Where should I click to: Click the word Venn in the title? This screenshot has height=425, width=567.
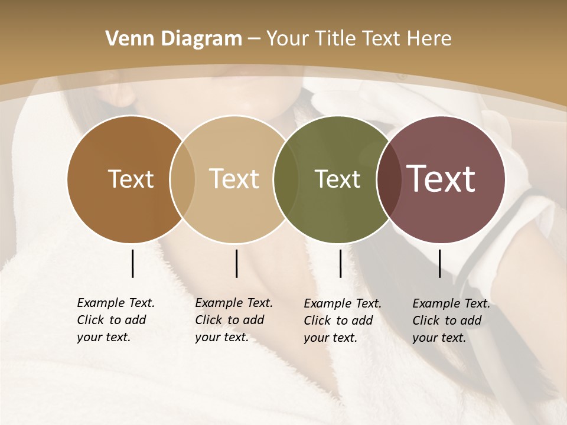pyautogui.click(x=127, y=39)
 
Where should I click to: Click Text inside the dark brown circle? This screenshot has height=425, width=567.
pyautogui.click(x=131, y=179)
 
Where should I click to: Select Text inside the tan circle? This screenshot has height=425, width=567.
pyautogui.click(x=234, y=179)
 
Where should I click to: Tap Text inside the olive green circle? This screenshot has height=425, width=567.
pyautogui.click(x=337, y=179)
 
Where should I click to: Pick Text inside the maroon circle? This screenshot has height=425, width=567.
pyautogui.click(x=441, y=179)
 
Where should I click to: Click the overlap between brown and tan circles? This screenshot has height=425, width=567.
pyautogui.click(x=183, y=179)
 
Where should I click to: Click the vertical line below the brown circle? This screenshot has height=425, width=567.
pyautogui.click(x=132, y=263)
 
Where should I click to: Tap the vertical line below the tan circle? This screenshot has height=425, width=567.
pyautogui.click(x=236, y=263)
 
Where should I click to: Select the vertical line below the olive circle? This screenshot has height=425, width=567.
pyautogui.click(x=340, y=263)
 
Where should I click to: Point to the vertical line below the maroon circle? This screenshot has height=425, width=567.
pyautogui.click(x=439, y=263)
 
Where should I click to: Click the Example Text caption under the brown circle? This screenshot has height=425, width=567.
pyautogui.click(x=116, y=320)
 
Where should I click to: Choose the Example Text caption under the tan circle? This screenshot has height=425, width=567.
pyautogui.click(x=234, y=320)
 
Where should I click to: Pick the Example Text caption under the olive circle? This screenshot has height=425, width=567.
pyautogui.click(x=343, y=321)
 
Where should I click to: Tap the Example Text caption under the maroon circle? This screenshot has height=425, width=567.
pyautogui.click(x=451, y=321)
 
